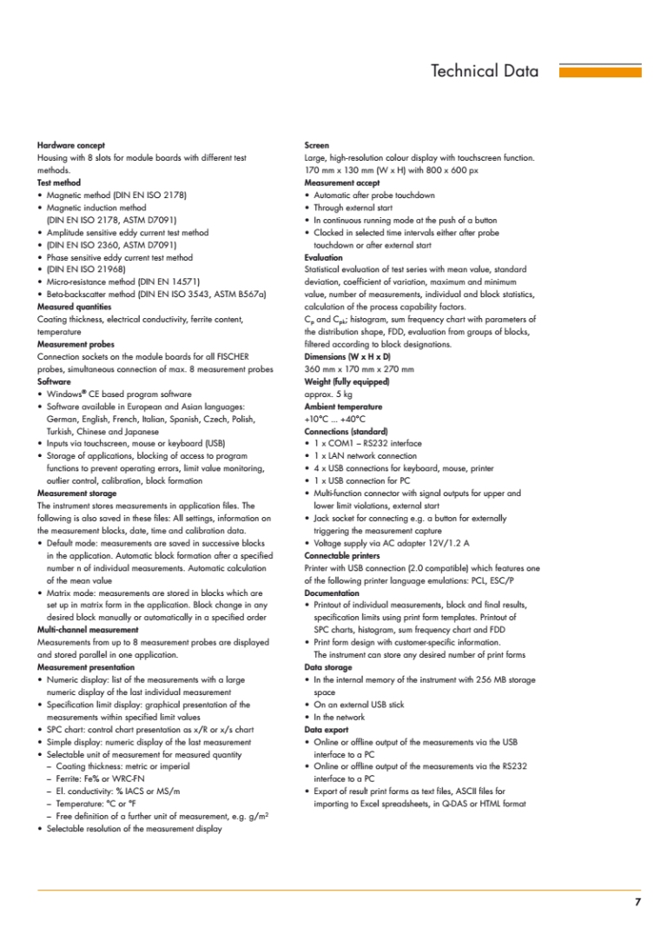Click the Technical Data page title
click(x=485, y=71)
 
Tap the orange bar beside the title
click(x=599, y=72)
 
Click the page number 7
click(x=637, y=902)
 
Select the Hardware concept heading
click(x=71, y=145)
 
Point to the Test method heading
click(x=59, y=183)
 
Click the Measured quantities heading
click(x=75, y=307)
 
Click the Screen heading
click(x=317, y=145)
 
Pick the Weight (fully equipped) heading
click(x=346, y=381)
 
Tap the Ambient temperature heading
click(x=344, y=407)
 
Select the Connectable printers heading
click(x=343, y=555)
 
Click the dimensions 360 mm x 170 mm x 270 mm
click(x=359, y=369)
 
